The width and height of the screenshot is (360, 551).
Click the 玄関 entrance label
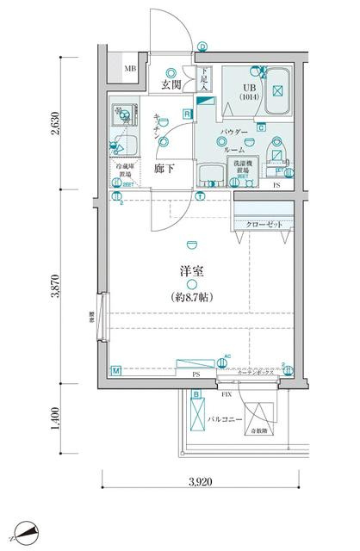169,84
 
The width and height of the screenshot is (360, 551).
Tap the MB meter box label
130,69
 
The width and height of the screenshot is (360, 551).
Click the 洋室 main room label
190,271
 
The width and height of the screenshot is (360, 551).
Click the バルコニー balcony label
223,420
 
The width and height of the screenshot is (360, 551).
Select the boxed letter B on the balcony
196,394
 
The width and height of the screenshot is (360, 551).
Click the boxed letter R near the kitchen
187,114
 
